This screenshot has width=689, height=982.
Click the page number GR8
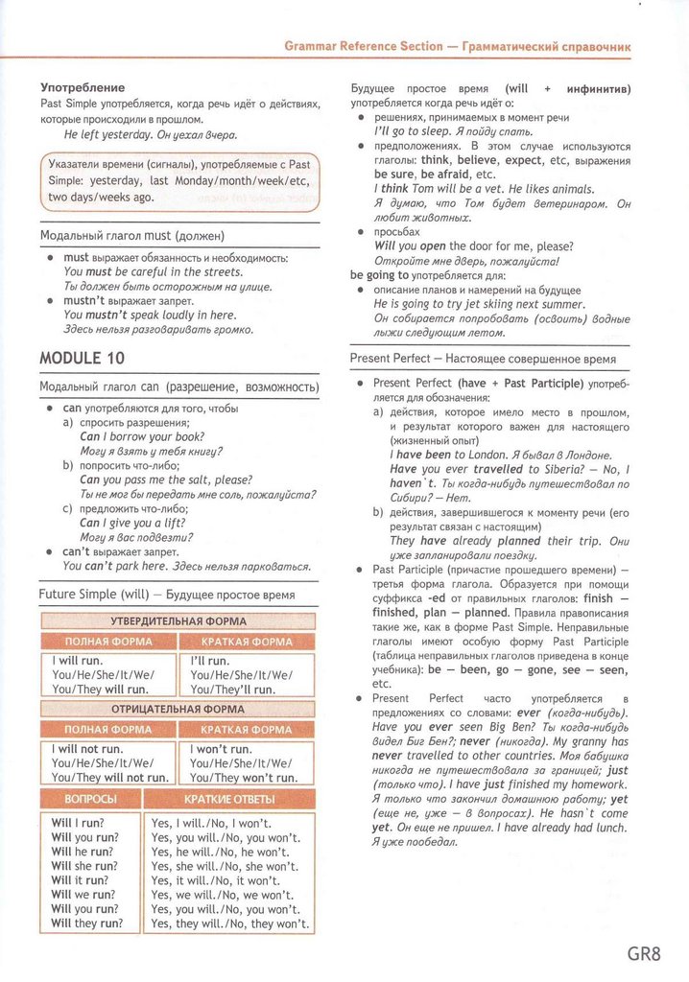point(645,953)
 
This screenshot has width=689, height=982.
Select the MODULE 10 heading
point(82,358)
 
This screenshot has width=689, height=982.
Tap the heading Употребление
point(83,87)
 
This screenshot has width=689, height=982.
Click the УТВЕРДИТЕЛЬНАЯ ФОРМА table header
point(178,620)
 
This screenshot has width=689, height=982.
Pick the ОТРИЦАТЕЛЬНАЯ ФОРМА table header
point(178,709)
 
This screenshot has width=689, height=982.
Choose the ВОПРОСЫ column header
point(90,799)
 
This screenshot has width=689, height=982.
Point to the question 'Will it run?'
point(80,879)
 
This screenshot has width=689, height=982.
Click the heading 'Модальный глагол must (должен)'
point(132,235)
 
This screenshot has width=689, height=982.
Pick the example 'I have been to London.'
point(451,455)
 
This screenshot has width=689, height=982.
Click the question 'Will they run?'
point(87,924)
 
